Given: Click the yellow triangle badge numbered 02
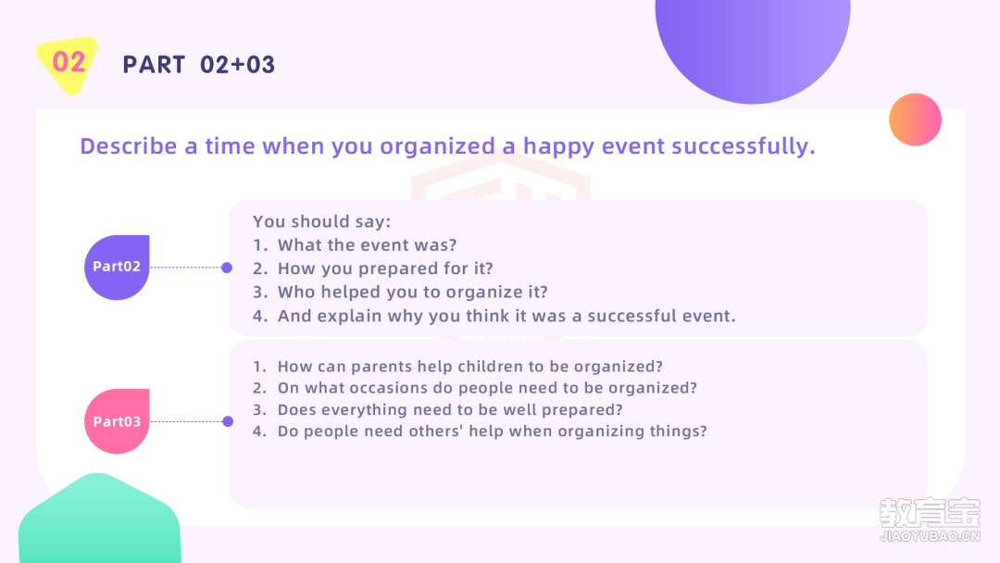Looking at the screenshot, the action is pyautogui.click(x=67, y=65).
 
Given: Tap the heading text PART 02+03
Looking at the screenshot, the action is pyautogui.click(x=198, y=65).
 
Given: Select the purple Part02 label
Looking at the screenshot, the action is pyautogui.click(x=117, y=268).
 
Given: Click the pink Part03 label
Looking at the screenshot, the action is pyautogui.click(x=117, y=421).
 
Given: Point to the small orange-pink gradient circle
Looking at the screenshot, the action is pyautogui.click(x=915, y=119).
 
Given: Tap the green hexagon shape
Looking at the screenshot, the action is pyautogui.click(x=99, y=519).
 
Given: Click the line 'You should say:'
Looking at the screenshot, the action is pyautogui.click(x=321, y=222).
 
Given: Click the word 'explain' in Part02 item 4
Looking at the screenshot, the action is pyautogui.click(x=349, y=317).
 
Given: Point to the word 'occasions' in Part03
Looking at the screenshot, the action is pyautogui.click(x=387, y=388).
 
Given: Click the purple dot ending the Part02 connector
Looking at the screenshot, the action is pyautogui.click(x=227, y=268).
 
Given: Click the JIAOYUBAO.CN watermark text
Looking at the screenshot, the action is pyautogui.click(x=930, y=537).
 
